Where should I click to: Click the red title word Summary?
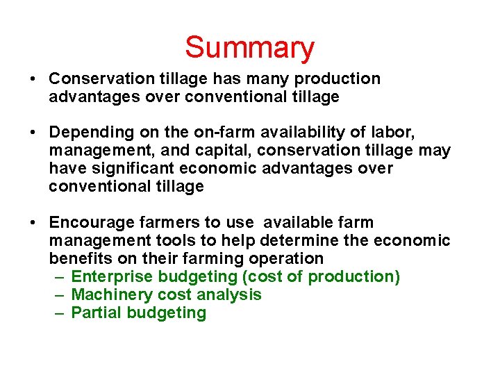pyautogui.click(x=249, y=48)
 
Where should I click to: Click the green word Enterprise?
pyautogui.click(x=112, y=276)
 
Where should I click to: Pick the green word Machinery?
pyautogui.click(x=112, y=294)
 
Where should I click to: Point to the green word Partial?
pyautogui.click(x=97, y=312)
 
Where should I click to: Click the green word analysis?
pyautogui.click(x=229, y=294)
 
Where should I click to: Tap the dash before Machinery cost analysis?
pyautogui.click(x=60, y=294)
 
